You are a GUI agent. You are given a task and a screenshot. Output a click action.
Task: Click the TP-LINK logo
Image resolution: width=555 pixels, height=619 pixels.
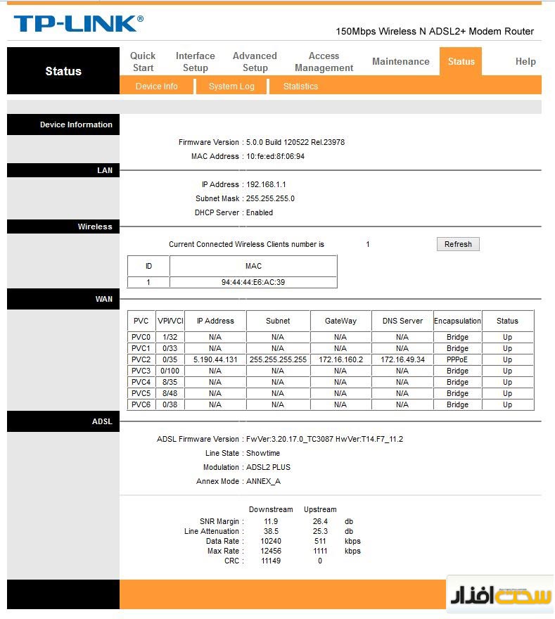point(77,23)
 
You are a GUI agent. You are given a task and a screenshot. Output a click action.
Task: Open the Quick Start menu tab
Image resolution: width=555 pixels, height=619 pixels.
point(143,62)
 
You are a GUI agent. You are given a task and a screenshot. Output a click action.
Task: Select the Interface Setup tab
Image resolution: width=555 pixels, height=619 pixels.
point(195,62)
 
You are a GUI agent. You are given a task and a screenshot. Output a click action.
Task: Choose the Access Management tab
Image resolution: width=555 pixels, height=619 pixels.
point(324,62)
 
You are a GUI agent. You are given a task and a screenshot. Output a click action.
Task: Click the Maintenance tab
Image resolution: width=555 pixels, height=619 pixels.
point(400,62)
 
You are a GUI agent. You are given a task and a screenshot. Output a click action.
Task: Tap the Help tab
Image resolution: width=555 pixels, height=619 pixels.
point(525,62)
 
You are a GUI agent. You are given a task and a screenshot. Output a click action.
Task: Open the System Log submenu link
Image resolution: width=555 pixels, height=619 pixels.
point(231,87)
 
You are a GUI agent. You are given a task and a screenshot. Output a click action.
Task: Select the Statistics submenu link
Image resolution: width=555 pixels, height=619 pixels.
point(300,87)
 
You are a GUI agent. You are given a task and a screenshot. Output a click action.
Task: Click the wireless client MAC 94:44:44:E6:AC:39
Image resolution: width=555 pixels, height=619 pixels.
point(253,282)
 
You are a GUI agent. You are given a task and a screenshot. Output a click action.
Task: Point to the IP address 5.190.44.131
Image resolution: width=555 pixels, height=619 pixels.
point(215,359)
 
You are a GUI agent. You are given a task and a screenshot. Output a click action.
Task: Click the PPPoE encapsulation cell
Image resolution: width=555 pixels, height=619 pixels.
point(457,359)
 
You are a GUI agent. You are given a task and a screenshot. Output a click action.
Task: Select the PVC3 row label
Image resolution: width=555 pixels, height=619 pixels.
point(141,371)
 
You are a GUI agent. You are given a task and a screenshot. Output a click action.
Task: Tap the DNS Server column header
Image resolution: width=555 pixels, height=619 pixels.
point(402,321)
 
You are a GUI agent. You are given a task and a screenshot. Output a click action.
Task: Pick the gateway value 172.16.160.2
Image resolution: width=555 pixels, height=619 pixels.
point(340,359)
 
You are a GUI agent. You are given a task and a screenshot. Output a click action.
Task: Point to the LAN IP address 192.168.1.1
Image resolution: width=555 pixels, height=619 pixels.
point(266,184)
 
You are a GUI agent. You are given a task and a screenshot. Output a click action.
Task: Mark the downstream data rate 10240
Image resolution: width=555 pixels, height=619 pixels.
point(271,541)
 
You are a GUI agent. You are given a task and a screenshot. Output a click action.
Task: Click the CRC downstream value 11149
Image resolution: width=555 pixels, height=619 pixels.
point(271,561)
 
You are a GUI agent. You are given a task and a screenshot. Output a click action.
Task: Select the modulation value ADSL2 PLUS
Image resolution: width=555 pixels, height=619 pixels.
point(268,467)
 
